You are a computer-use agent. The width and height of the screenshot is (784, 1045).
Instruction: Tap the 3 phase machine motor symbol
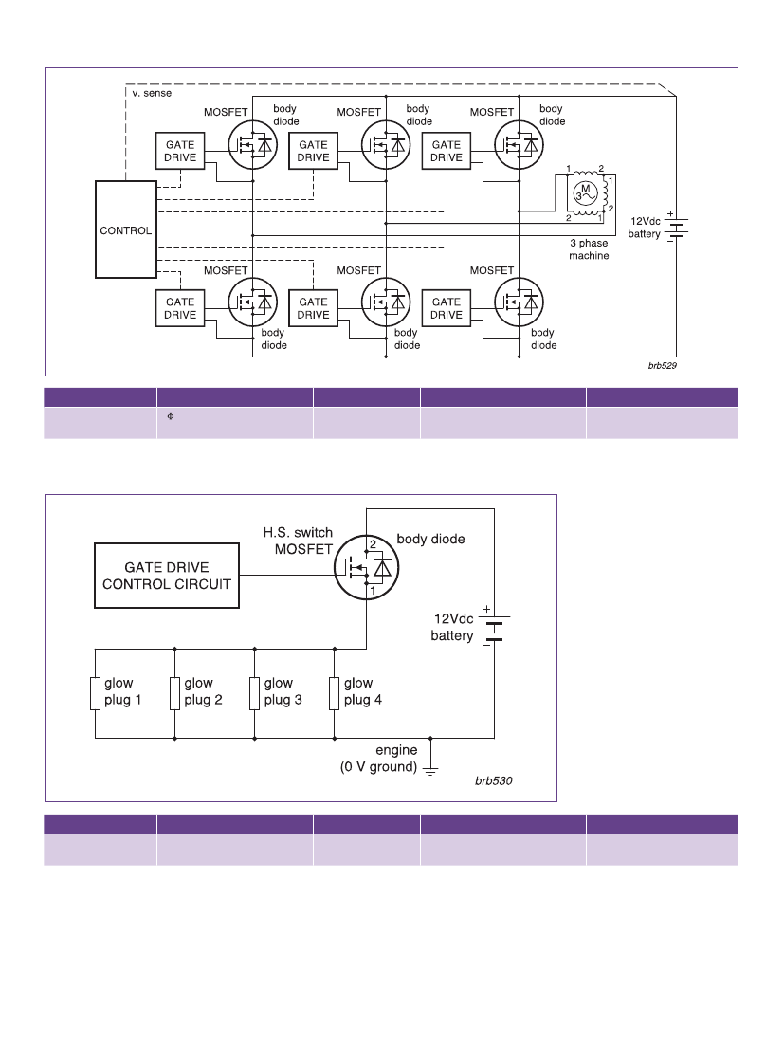(586, 193)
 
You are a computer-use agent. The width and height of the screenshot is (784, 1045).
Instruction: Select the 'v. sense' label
(152, 93)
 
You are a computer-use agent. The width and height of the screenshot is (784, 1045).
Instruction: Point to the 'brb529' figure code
(662, 365)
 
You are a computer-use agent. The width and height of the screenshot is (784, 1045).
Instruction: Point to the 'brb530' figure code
(494, 780)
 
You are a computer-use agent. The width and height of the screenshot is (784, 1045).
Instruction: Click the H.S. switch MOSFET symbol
(366, 568)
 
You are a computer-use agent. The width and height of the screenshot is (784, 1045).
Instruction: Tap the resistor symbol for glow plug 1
(95, 693)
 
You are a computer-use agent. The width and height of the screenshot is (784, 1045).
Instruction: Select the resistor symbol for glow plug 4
(335, 693)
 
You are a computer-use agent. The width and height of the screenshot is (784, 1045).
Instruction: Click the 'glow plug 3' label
(283, 691)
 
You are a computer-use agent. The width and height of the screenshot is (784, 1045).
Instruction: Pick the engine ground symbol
(431, 770)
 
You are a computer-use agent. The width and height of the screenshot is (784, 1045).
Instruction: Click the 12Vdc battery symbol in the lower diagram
(494, 627)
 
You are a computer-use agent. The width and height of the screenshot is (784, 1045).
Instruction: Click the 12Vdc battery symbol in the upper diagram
(676, 226)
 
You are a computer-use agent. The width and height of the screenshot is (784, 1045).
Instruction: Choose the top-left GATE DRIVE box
(180, 151)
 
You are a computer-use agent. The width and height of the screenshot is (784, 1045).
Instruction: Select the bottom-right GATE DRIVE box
(447, 308)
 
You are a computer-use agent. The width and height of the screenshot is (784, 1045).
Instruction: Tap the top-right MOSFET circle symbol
(519, 145)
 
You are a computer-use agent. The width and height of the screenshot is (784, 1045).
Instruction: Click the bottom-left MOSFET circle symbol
(252, 302)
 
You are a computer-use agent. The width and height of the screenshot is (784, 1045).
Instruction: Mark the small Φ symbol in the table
(171, 416)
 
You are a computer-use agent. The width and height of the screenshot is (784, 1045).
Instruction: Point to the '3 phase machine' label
(589, 249)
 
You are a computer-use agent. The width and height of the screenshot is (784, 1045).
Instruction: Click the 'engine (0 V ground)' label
(379, 759)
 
